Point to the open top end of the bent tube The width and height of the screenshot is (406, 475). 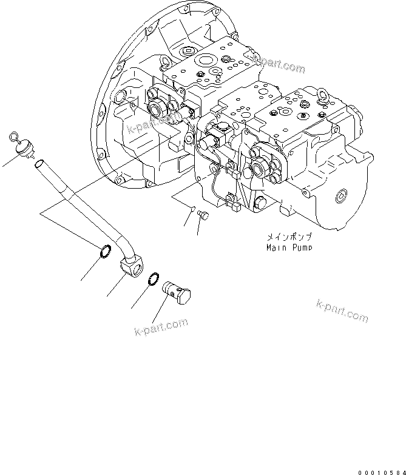click(39, 164)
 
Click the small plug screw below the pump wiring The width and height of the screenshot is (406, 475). click(203, 214)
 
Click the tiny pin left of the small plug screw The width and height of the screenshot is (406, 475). click(192, 209)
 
